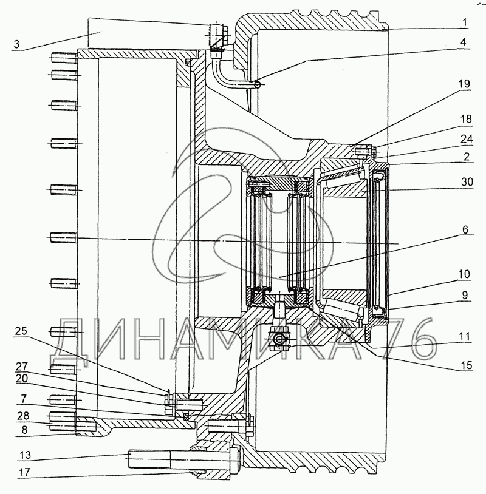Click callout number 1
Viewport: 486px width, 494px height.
pyautogui.click(x=464, y=22)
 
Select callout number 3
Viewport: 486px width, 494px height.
pyautogui.click(x=17, y=44)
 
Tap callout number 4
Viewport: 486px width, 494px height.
pyautogui.click(x=463, y=42)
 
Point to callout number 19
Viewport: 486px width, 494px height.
pyautogui.click(x=464, y=84)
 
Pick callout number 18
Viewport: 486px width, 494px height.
pyautogui.click(x=466, y=119)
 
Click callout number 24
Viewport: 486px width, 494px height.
pyautogui.click(x=467, y=139)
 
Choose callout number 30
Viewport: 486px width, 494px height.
pyautogui.click(x=467, y=182)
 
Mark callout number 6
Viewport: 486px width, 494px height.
pyautogui.click(x=465, y=229)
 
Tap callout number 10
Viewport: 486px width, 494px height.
pyautogui.click(x=464, y=274)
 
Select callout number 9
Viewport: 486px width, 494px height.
pyautogui.click(x=465, y=295)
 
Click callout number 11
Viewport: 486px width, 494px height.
pyautogui.click(x=464, y=336)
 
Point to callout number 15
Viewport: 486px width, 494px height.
pyautogui.click(x=467, y=365)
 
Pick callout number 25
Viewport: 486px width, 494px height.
pyautogui.click(x=21, y=331)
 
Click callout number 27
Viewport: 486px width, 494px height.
pyautogui.click(x=22, y=367)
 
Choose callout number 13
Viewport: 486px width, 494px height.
pyautogui.click(x=26, y=455)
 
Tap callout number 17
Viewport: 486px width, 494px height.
pyautogui.click(x=24, y=472)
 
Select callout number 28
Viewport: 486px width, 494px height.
pyautogui.click(x=23, y=416)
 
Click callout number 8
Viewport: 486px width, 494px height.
pyautogui.click(x=24, y=430)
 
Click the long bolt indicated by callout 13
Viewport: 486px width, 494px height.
pyautogui.click(x=184, y=458)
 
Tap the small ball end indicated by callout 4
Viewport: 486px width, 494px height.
pyautogui.click(x=258, y=84)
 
